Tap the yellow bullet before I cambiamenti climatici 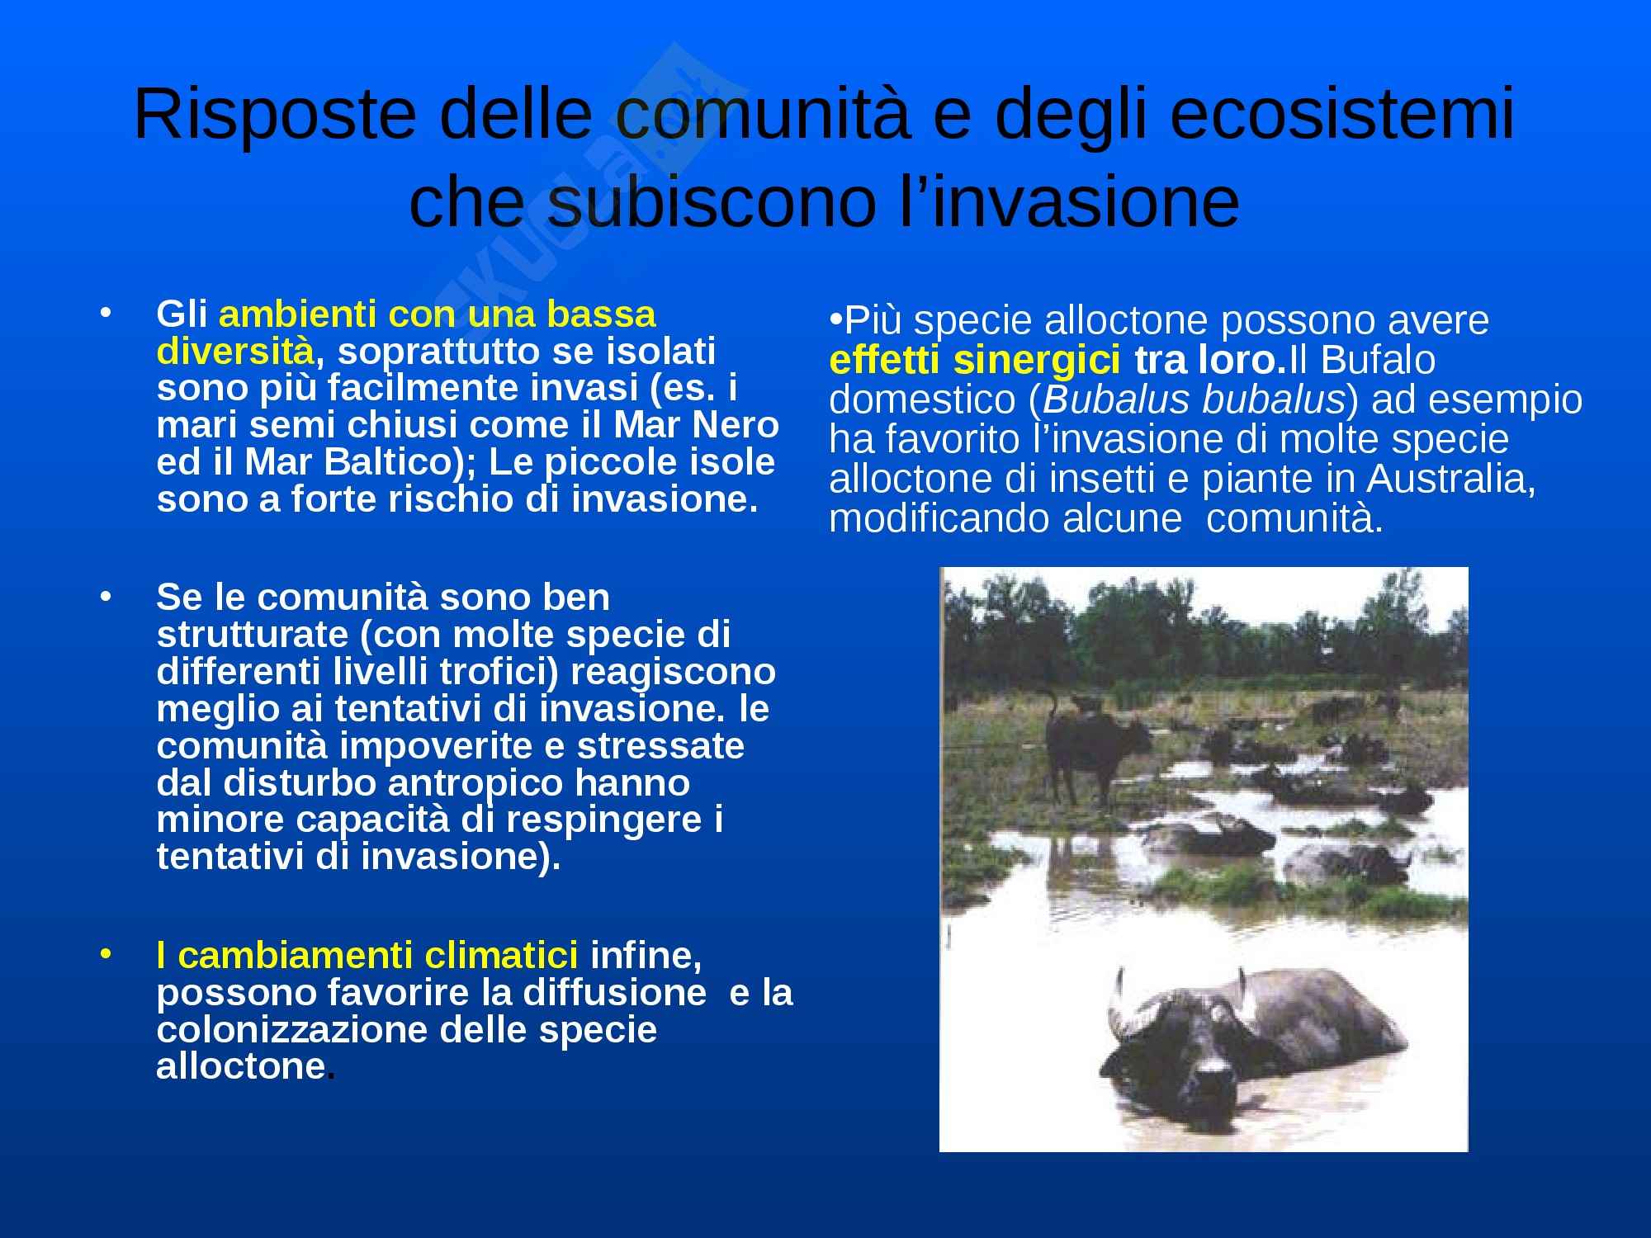pyautogui.click(x=104, y=955)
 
